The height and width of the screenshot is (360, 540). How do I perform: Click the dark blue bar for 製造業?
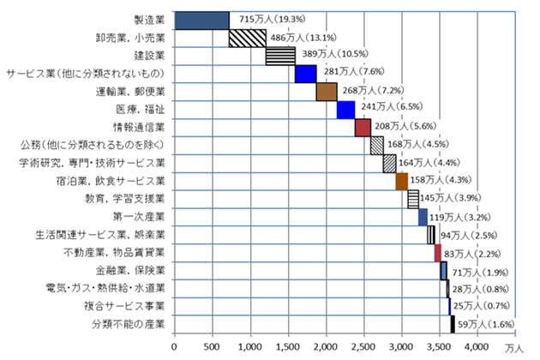pyautogui.click(x=201, y=20)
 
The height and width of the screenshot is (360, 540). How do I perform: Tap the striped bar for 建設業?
pyautogui.click(x=280, y=56)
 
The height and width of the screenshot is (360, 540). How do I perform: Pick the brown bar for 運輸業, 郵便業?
pyautogui.click(x=327, y=92)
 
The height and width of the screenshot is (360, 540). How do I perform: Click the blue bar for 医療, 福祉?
pyautogui.click(x=345, y=110)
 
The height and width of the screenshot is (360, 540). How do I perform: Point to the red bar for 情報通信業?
pyautogui.click(x=362, y=128)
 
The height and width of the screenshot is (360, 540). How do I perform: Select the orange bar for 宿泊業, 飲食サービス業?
pyautogui.click(x=401, y=181)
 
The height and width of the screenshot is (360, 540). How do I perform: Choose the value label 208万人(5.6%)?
pyautogui.click(x=402, y=128)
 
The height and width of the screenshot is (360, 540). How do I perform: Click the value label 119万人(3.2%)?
pyautogui.click(x=459, y=218)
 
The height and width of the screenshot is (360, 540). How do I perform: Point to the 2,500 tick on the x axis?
pyautogui.click(x=363, y=346)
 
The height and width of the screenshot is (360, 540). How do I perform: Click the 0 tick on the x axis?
pyautogui.click(x=174, y=346)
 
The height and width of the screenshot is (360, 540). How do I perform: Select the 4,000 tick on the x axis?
pyautogui.click(x=477, y=346)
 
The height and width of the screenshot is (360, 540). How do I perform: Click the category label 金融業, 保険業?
pyautogui.click(x=135, y=271)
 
